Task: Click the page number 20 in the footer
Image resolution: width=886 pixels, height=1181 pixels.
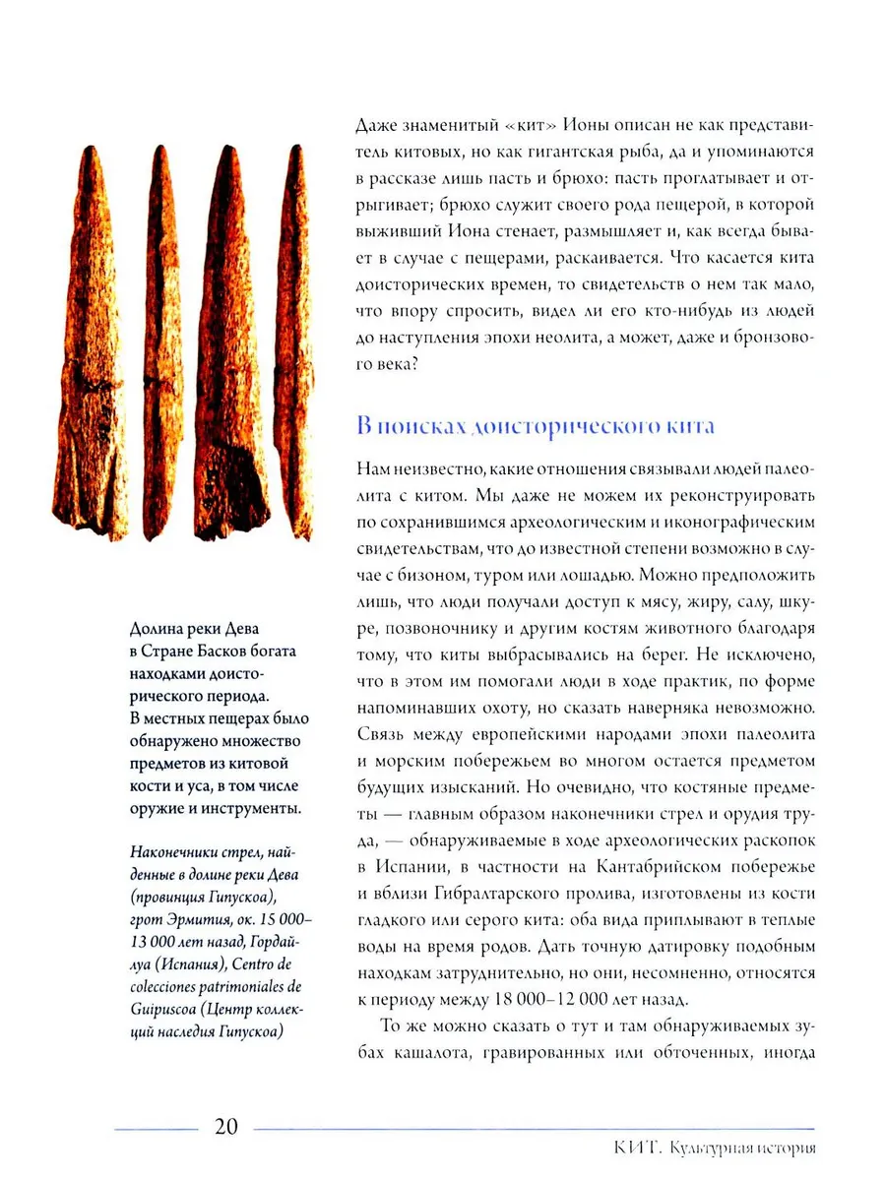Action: pos(226,1126)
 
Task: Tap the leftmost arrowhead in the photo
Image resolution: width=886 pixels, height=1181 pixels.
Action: pos(91,344)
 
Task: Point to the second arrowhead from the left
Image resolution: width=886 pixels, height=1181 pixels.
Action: pos(158,344)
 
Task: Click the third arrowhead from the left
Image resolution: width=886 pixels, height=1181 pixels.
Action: pos(229,344)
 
